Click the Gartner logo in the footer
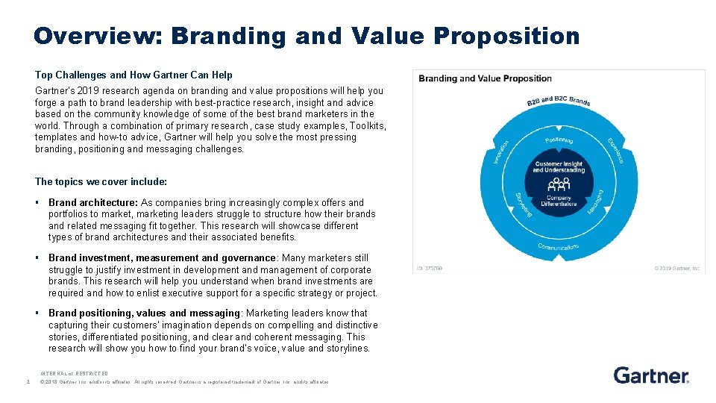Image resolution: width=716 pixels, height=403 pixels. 650,375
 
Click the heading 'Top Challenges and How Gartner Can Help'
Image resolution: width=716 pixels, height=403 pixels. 134,75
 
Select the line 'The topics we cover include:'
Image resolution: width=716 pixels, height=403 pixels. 101,181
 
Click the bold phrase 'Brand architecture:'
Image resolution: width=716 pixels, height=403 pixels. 93,202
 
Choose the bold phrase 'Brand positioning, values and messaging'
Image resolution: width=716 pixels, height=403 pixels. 144,313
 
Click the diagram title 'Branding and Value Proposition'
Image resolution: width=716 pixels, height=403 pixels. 485,78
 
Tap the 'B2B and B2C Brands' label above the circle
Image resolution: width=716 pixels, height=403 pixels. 558,101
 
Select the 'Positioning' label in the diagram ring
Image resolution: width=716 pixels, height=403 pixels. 559,140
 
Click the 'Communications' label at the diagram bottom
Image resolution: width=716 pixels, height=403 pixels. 558,247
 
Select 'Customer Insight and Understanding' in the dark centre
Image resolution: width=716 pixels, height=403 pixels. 559,166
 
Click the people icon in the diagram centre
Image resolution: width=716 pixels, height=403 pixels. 559,183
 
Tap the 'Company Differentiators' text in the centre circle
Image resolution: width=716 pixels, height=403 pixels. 559,201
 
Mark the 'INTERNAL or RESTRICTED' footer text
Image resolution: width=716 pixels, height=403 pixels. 75,373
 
